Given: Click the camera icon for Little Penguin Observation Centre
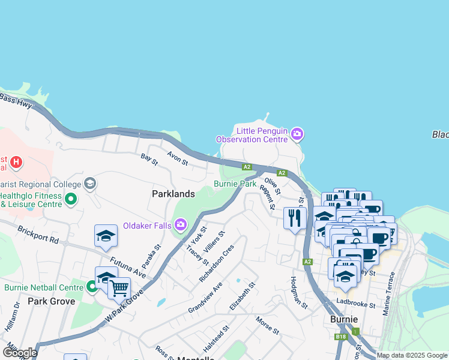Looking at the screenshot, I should pos(297,133).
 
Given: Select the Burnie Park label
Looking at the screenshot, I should pos(235,184).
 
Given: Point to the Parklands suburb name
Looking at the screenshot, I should pos(173,194).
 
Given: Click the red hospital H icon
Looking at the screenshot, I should pos(17,161).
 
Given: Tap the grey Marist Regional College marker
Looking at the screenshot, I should pos(90,183).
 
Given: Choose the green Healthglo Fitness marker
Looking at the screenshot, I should pos(71,199).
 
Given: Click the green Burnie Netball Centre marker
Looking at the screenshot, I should pos(92,287).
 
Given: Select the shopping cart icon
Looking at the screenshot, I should pos(119,289).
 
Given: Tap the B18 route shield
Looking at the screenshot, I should pos(340,338).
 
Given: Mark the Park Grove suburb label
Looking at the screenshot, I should pos(51,301).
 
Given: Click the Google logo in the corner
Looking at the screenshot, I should pos(19,353).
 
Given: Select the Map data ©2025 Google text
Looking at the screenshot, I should pos(412,355).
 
